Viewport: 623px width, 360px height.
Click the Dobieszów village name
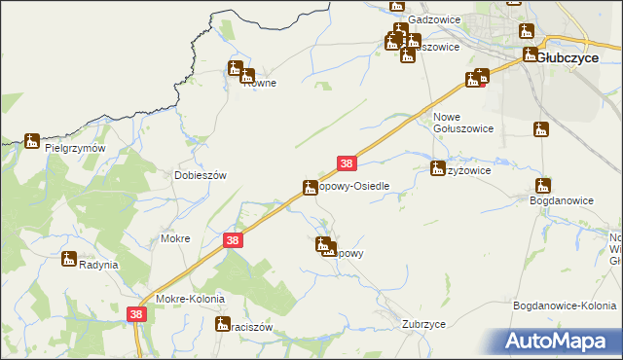200,175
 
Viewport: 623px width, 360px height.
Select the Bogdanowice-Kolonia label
565,306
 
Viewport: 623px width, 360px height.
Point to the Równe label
259,84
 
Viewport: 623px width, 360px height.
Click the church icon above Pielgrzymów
32,141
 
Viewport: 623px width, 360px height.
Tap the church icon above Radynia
69,259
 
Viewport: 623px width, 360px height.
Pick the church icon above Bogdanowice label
543,186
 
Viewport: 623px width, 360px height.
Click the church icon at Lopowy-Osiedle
311,186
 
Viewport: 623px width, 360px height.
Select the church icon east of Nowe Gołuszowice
541,128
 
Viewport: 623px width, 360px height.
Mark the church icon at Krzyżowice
438,168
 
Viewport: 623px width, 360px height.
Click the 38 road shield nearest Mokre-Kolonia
136,314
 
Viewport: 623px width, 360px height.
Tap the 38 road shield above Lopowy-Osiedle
348,165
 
